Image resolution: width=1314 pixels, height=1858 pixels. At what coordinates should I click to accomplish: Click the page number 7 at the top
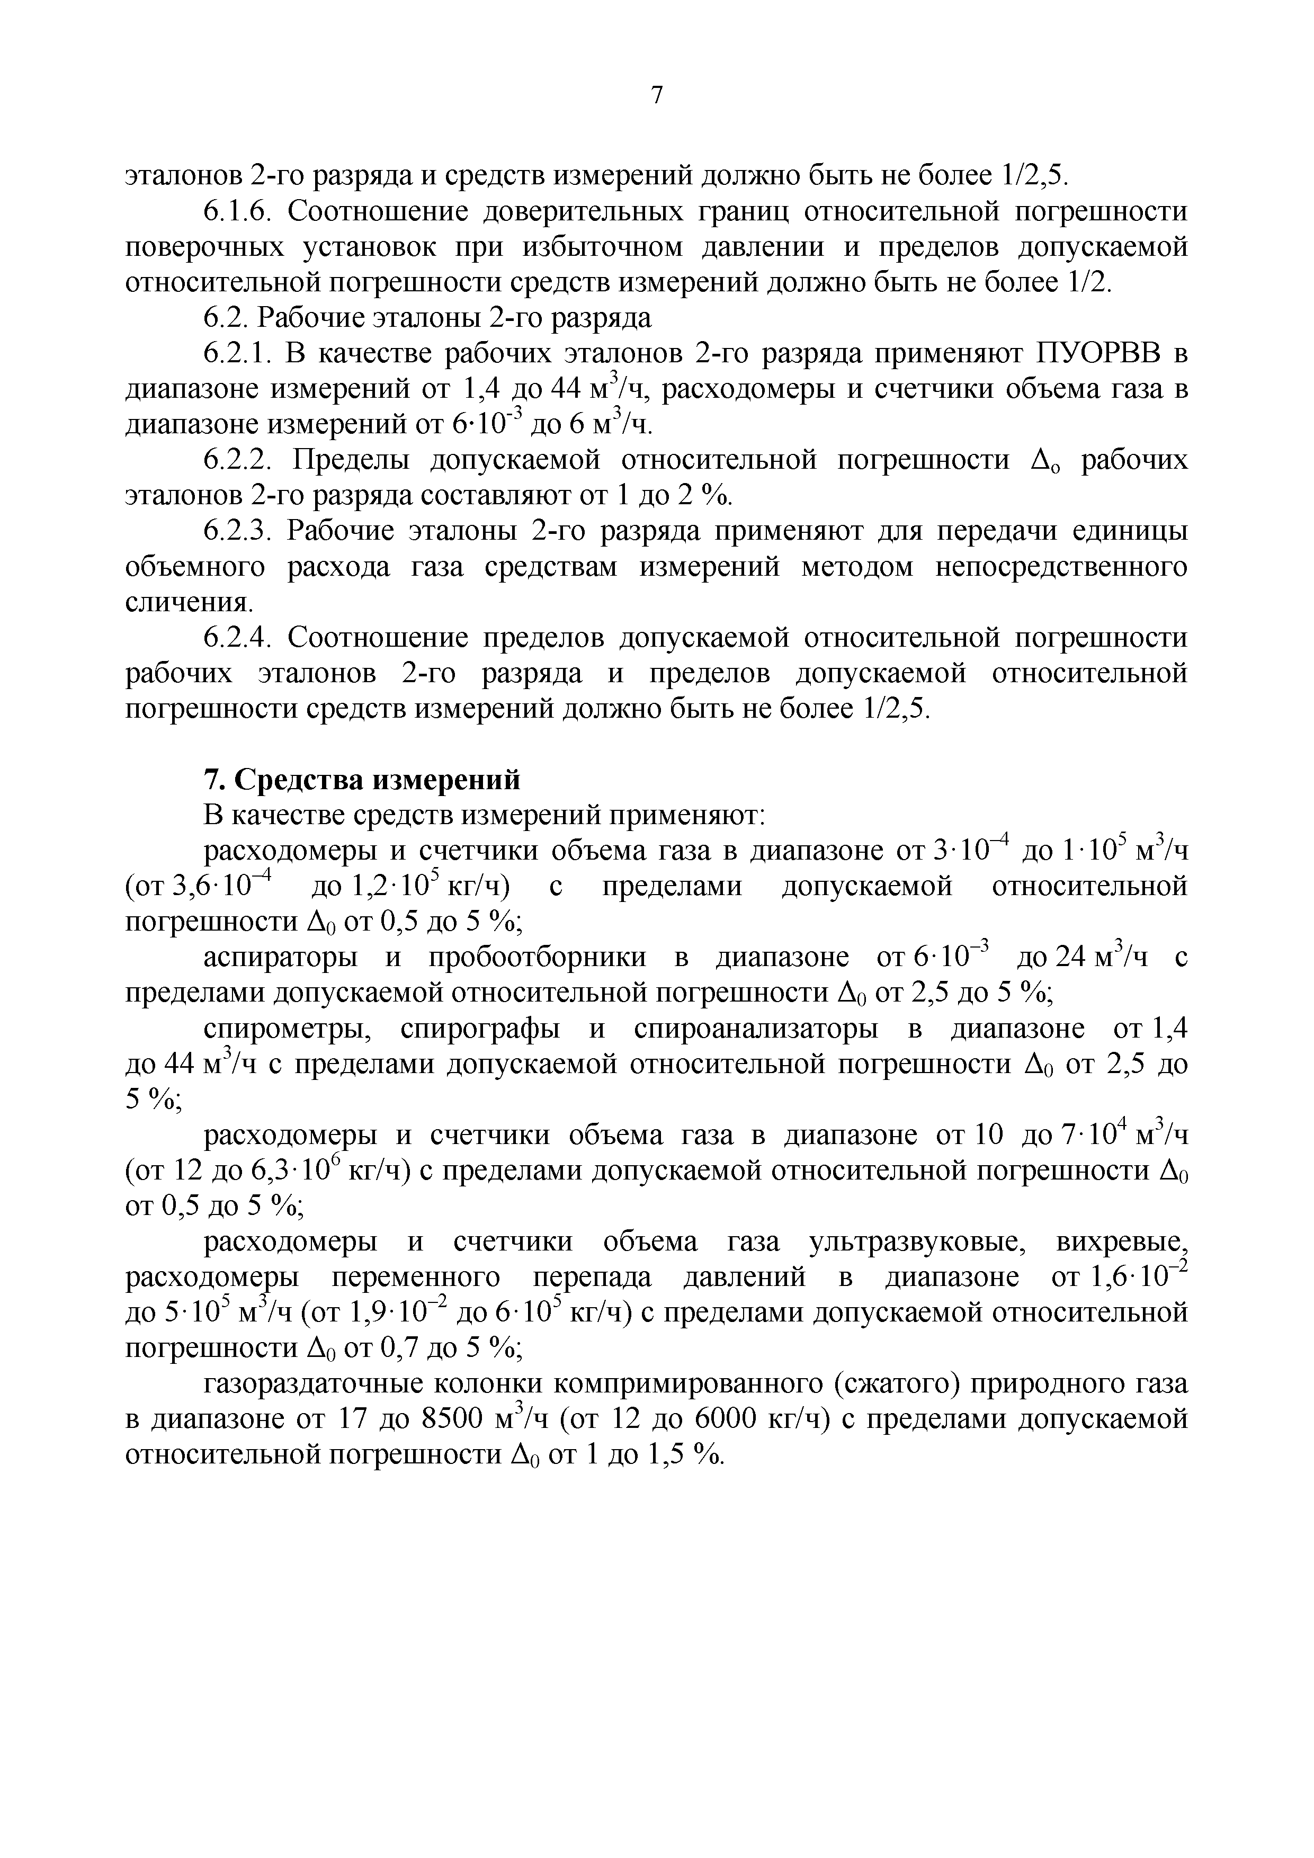656,95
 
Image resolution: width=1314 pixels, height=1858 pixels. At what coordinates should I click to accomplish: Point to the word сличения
189,603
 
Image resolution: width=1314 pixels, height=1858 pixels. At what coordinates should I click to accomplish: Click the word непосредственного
1061,567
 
